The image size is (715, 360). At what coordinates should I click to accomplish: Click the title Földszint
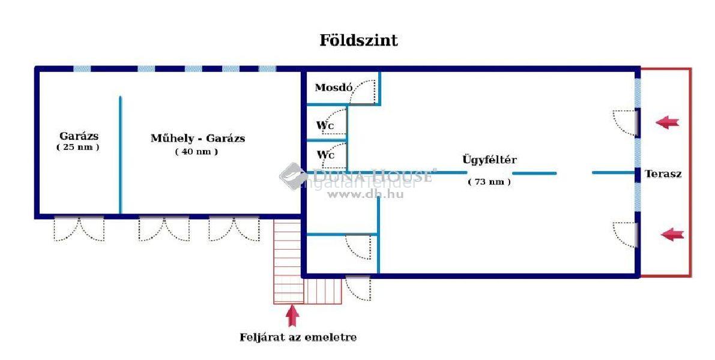[x=358, y=41]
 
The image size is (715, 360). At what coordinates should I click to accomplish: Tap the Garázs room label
[x=79, y=136]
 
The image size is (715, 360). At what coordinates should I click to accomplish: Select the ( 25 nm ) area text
[x=78, y=147]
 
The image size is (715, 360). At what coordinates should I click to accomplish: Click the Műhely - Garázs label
[x=198, y=139]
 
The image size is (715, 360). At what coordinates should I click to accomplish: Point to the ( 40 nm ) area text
[x=196, y=152]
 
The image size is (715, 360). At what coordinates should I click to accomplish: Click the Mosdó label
[x=333, y=88]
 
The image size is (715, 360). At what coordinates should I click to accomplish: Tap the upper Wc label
[x=325, y=125]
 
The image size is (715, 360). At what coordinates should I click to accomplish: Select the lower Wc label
[x=325, y=155]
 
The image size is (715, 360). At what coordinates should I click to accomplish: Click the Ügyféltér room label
[x=489, y=160]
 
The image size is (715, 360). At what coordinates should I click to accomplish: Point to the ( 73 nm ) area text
[x=489, y=182]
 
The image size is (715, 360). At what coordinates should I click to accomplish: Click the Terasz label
[x=663, y=174]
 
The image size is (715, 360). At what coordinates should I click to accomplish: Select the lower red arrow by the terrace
[x=672, y=235]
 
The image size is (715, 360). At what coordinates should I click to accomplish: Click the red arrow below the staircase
[x=292, y=315]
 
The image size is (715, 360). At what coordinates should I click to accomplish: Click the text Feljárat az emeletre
[x=298, y=337]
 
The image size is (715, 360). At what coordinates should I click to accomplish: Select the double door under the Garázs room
[x=79, y=229]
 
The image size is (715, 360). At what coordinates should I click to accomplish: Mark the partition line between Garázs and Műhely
[x=120, y=155]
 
